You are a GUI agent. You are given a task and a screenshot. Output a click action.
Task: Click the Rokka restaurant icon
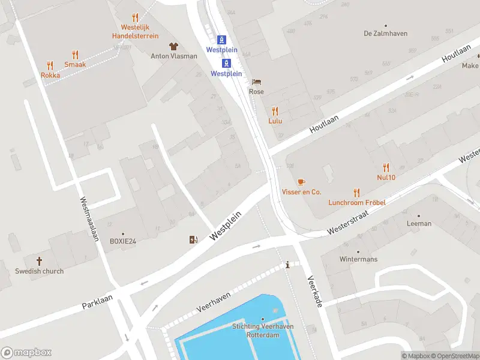(50, 65)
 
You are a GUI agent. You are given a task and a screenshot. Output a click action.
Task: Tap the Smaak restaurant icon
(75, 55)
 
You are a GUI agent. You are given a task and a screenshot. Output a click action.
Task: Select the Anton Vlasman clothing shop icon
(173, 46)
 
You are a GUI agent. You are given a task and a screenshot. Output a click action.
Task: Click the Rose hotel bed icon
(257, 82)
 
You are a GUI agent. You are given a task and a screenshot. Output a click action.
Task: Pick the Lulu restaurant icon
(275, 111)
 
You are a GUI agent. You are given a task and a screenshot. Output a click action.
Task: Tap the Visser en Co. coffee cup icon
(301, 182)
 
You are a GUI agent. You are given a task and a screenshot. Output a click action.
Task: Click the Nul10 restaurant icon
(386, 167)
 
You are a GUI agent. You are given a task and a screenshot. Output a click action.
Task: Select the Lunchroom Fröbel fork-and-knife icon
(357, 193)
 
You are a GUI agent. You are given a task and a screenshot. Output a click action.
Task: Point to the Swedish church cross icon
(40, 261)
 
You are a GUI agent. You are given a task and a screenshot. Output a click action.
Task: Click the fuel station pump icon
(193, 240)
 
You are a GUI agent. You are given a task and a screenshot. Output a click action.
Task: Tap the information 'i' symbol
(288, 265)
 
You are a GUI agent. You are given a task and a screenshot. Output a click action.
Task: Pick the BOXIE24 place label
(123, 241)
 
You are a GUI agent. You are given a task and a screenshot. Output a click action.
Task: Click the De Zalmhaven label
(385, 34)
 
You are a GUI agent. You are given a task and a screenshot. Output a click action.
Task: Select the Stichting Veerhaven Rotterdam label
(256, 331)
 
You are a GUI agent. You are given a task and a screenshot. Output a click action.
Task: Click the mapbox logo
(26, 352)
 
